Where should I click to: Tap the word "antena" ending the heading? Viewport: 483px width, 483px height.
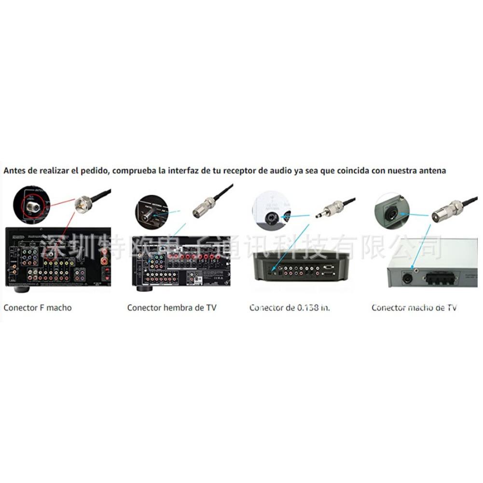coord(433,170)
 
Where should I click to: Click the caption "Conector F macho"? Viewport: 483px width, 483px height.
coord(37,307)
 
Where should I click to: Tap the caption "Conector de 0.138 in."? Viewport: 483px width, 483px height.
coord(290,307)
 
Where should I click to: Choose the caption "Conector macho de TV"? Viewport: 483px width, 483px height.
coord(414,307)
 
